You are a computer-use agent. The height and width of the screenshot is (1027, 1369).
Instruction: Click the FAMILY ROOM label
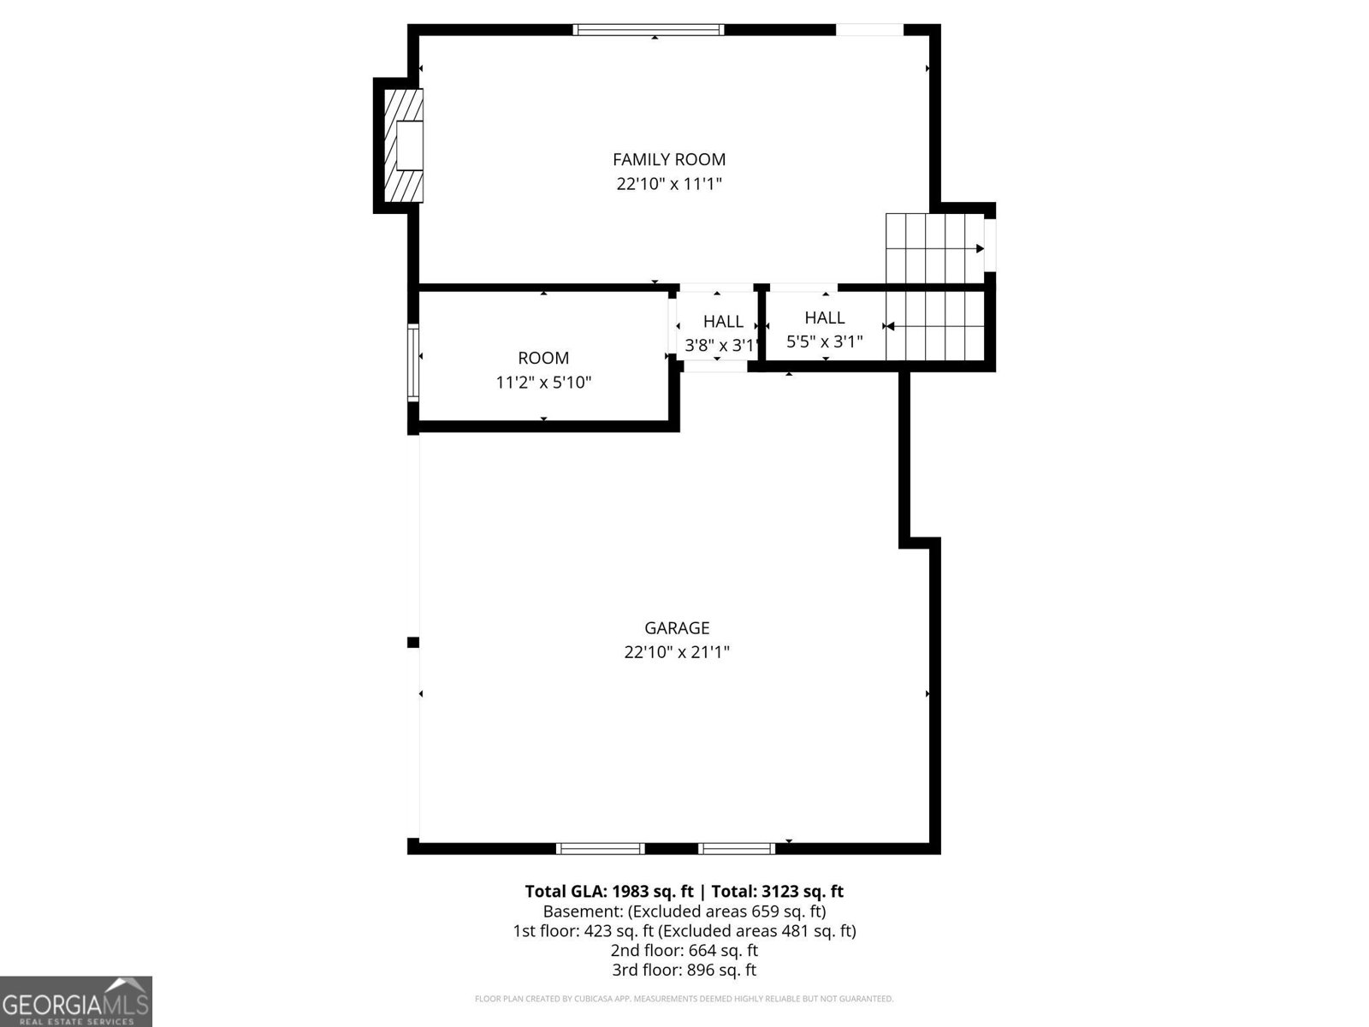668,159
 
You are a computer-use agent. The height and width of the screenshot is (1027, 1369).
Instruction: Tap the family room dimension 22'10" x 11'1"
668,184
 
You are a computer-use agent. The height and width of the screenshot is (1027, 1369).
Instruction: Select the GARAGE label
677,628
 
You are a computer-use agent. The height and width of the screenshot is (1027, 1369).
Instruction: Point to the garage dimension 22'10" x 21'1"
677,652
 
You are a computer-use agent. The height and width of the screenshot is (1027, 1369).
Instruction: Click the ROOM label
543,358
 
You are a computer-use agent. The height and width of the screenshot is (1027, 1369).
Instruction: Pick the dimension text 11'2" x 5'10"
543,383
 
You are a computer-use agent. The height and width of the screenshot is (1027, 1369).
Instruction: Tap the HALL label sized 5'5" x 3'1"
824,318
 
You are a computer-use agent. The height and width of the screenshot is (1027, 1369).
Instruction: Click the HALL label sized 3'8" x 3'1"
723,322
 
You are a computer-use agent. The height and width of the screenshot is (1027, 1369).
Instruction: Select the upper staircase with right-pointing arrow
933,248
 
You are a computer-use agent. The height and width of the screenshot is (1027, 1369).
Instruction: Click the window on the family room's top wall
649,30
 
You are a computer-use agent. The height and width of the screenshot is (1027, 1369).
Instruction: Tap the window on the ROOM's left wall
413,362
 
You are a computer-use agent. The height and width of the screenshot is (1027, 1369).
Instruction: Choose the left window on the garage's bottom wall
600,848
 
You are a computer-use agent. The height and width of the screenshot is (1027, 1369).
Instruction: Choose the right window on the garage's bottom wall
736,848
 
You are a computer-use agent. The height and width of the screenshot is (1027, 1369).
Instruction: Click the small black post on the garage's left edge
412,642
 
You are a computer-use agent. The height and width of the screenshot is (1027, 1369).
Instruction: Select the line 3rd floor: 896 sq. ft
684,970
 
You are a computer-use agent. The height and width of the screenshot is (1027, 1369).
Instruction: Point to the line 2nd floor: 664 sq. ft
684,950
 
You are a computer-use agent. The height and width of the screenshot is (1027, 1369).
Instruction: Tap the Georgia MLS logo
75,1000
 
